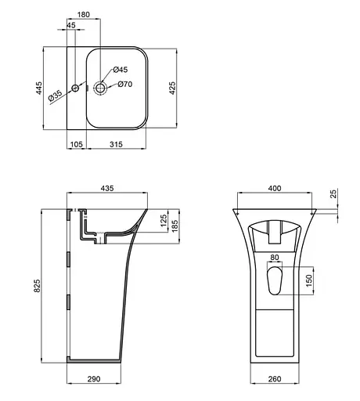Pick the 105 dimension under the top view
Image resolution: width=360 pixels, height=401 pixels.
tap(76, 144)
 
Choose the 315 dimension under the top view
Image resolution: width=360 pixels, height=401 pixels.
tap(115, 144)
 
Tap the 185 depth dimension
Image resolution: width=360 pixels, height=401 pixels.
tap(175, 229)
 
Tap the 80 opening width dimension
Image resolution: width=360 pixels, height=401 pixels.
tap(274, 256)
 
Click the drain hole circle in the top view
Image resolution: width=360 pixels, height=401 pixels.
tap(103, 87)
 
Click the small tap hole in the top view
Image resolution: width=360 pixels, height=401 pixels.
tap(76, 87)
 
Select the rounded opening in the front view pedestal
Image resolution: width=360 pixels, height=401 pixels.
tap(275, 280)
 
